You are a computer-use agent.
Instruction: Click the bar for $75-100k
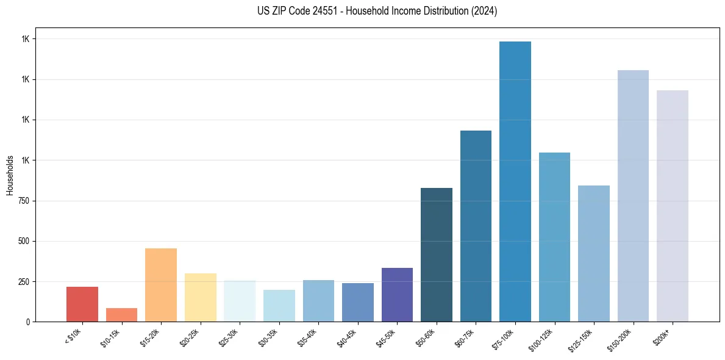(x=515, y=181)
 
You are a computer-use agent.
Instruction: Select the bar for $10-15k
(x=121, y=315)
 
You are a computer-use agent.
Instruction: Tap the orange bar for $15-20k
(x=161, y=285)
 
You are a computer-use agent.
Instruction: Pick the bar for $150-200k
(x=633, y=196)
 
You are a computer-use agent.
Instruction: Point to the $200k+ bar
(x=673, y=206)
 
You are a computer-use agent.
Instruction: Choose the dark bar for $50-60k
(x=437, y=254)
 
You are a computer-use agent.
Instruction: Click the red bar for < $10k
(x=82, y=304)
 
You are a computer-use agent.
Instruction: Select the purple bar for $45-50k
(x=397, y=295)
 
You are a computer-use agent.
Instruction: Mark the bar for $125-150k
(x=594, y=253)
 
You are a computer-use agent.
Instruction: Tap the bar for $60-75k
(x=476, y=226)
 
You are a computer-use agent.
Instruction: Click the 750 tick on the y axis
(x=23, y=201)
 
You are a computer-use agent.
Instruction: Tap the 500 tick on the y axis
(x=23, y=241)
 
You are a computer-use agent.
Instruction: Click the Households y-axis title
(x=10, y=175)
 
